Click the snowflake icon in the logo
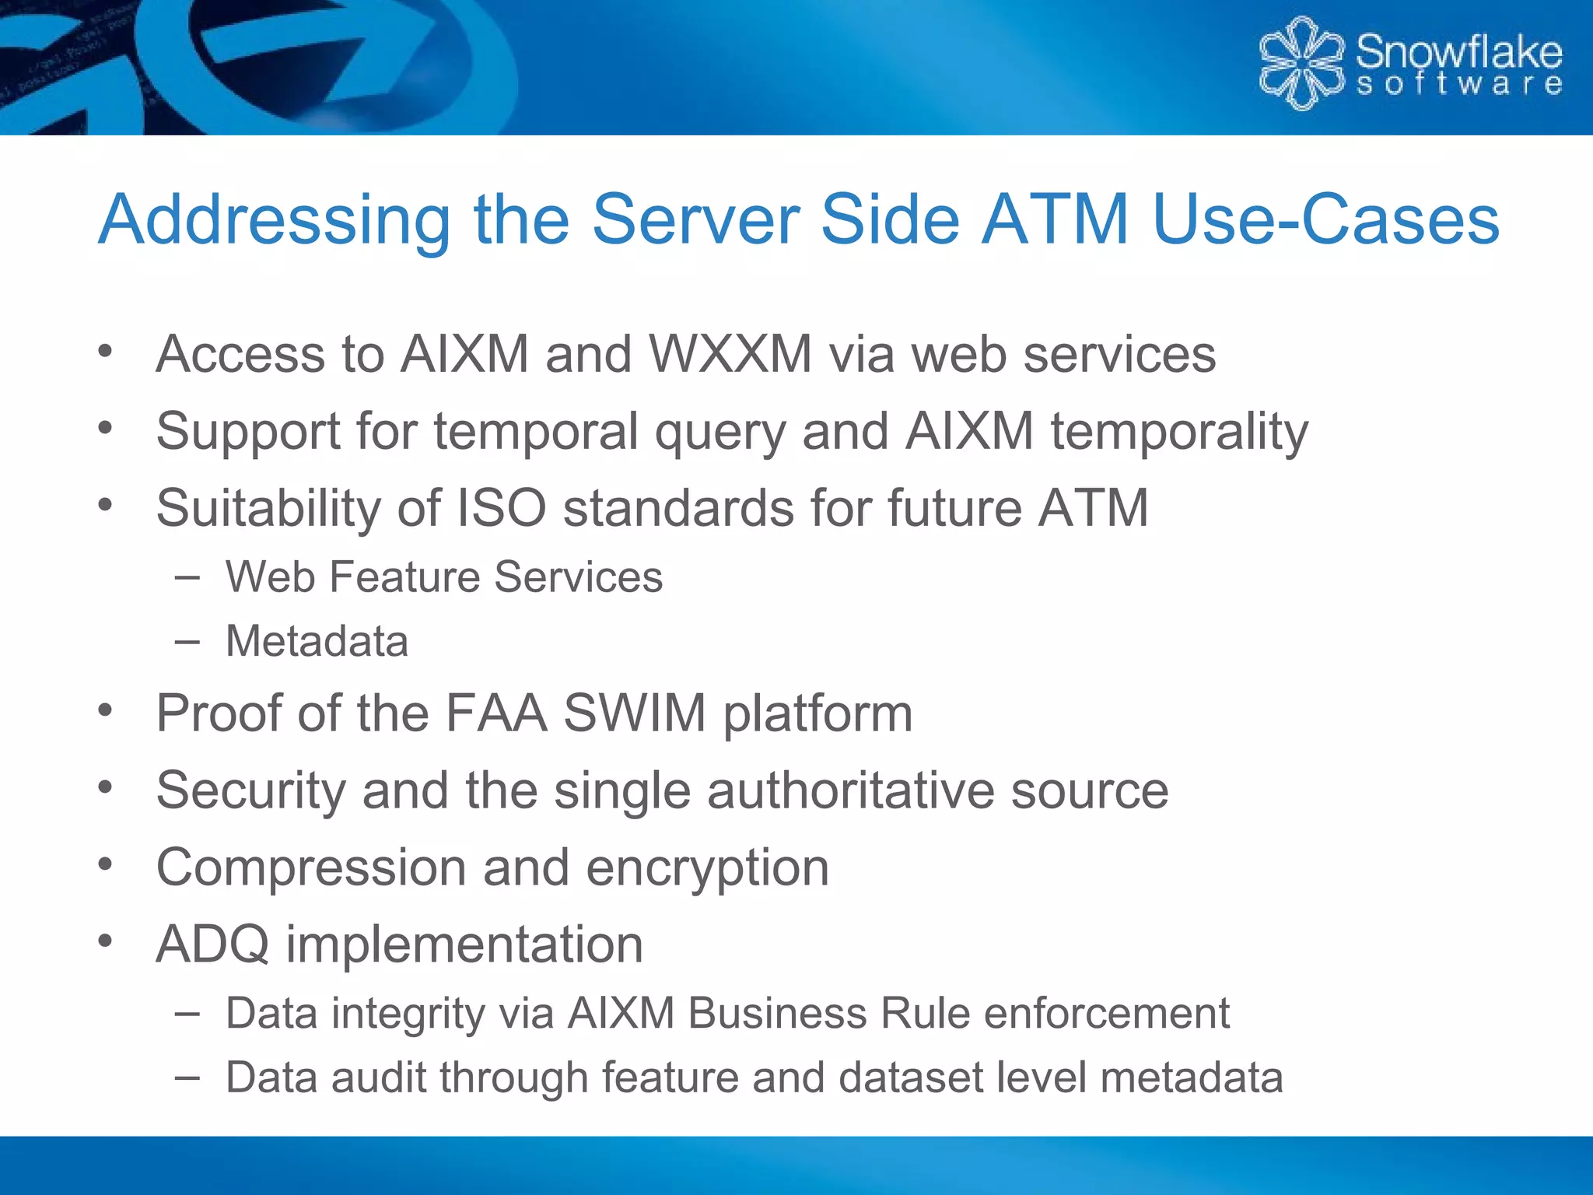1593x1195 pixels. click(1301, 64)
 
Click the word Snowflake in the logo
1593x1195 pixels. click(1458, 52)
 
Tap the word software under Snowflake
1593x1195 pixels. click(1458, 84)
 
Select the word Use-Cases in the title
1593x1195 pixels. click(1325, 220)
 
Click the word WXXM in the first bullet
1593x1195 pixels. click(730, 355)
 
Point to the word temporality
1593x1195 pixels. click(1179, 432)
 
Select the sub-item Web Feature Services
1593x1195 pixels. click(444, 577)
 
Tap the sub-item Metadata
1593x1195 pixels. click(317, 642)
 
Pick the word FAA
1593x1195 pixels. click(495, 713)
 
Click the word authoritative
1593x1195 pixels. click(850, 790)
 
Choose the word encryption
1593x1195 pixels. click(707, 868)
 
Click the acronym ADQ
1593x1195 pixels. click(212, 944)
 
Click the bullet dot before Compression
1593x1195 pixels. click(106, 864)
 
